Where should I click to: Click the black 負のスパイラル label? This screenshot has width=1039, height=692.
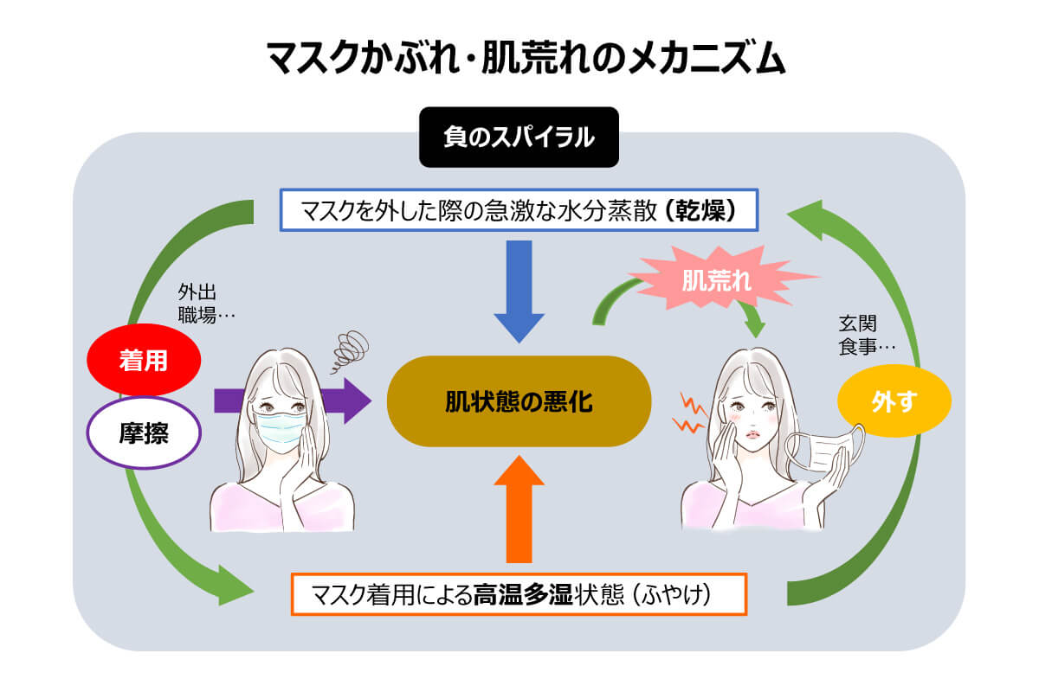click(x=519, y=137)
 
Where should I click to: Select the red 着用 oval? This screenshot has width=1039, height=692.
click(x=144, y=360)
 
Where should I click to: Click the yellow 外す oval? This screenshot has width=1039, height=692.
click(x=894, y=402)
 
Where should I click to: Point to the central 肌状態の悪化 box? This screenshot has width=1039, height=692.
click(x=519, y=401)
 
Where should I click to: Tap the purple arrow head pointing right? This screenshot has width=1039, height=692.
click(x=351, y=400)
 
